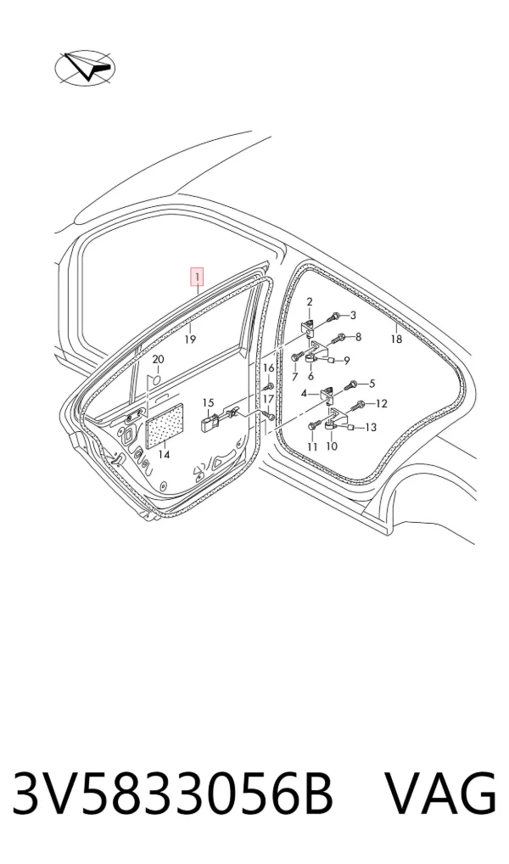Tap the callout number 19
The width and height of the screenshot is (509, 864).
(190, 339)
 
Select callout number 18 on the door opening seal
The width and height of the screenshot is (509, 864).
(396, 339)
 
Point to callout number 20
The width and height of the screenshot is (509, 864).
(158, 360)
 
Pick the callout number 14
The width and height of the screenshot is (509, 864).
(165, 455)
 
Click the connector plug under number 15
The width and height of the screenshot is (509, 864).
(208, 424)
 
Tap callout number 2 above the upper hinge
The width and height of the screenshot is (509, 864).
(310, 302)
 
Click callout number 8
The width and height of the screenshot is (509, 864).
(358, 337)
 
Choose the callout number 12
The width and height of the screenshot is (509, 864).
(382, 403)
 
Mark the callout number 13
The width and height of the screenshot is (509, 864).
(371, 428)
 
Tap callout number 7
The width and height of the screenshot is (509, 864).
(294, 378)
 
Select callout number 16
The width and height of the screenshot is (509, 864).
(268, 368)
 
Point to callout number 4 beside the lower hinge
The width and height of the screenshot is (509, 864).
(304, 394)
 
